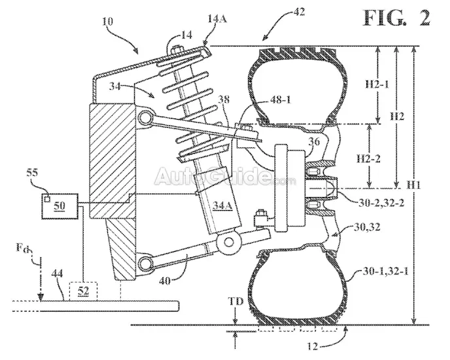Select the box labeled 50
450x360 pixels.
[60, 206]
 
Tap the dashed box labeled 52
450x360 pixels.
[84, 291]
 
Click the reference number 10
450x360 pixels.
[107, 22]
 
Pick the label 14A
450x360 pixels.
[217, 19]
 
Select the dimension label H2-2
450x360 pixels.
[368, 158]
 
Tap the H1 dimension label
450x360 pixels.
[413, 185]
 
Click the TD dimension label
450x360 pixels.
[235, 301]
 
